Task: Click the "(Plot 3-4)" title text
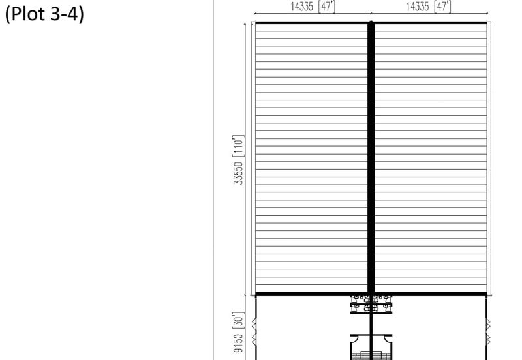[x=44, y=14]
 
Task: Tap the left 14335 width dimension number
[x=302, y=7]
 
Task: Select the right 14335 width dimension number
[x=418, y=7]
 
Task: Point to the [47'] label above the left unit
[x=327, y=7]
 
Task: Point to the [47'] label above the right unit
[x=443, y=7]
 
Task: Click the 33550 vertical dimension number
[x=238, y=173]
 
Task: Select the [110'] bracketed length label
[x=238, y=145]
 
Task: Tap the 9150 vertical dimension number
[x=238, y=343]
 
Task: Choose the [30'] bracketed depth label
[x=238, y=320]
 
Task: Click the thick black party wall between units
[x=371, y=158]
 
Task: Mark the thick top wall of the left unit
[x=311, y=23]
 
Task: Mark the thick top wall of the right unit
[x=431, y=23]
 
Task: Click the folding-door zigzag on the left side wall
[x=254, y=331]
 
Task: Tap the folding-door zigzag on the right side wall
[x=488, y=331]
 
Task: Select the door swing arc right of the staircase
[x=387, y=338]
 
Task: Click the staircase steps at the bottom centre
[x=371, y=355]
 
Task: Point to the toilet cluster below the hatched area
[x=371, y=304]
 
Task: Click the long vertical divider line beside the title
[x=213, y=180]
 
